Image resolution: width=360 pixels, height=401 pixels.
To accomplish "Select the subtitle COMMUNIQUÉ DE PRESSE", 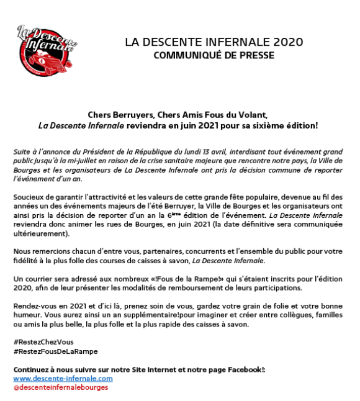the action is coord(214,55).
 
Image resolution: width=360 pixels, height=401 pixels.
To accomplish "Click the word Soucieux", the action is coord(29,197).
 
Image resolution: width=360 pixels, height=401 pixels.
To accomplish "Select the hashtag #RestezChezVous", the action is coord(43,342).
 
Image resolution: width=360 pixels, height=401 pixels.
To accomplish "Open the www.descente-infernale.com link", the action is coord(63,378).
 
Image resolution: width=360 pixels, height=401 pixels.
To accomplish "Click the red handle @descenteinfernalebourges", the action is coord(60,387).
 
